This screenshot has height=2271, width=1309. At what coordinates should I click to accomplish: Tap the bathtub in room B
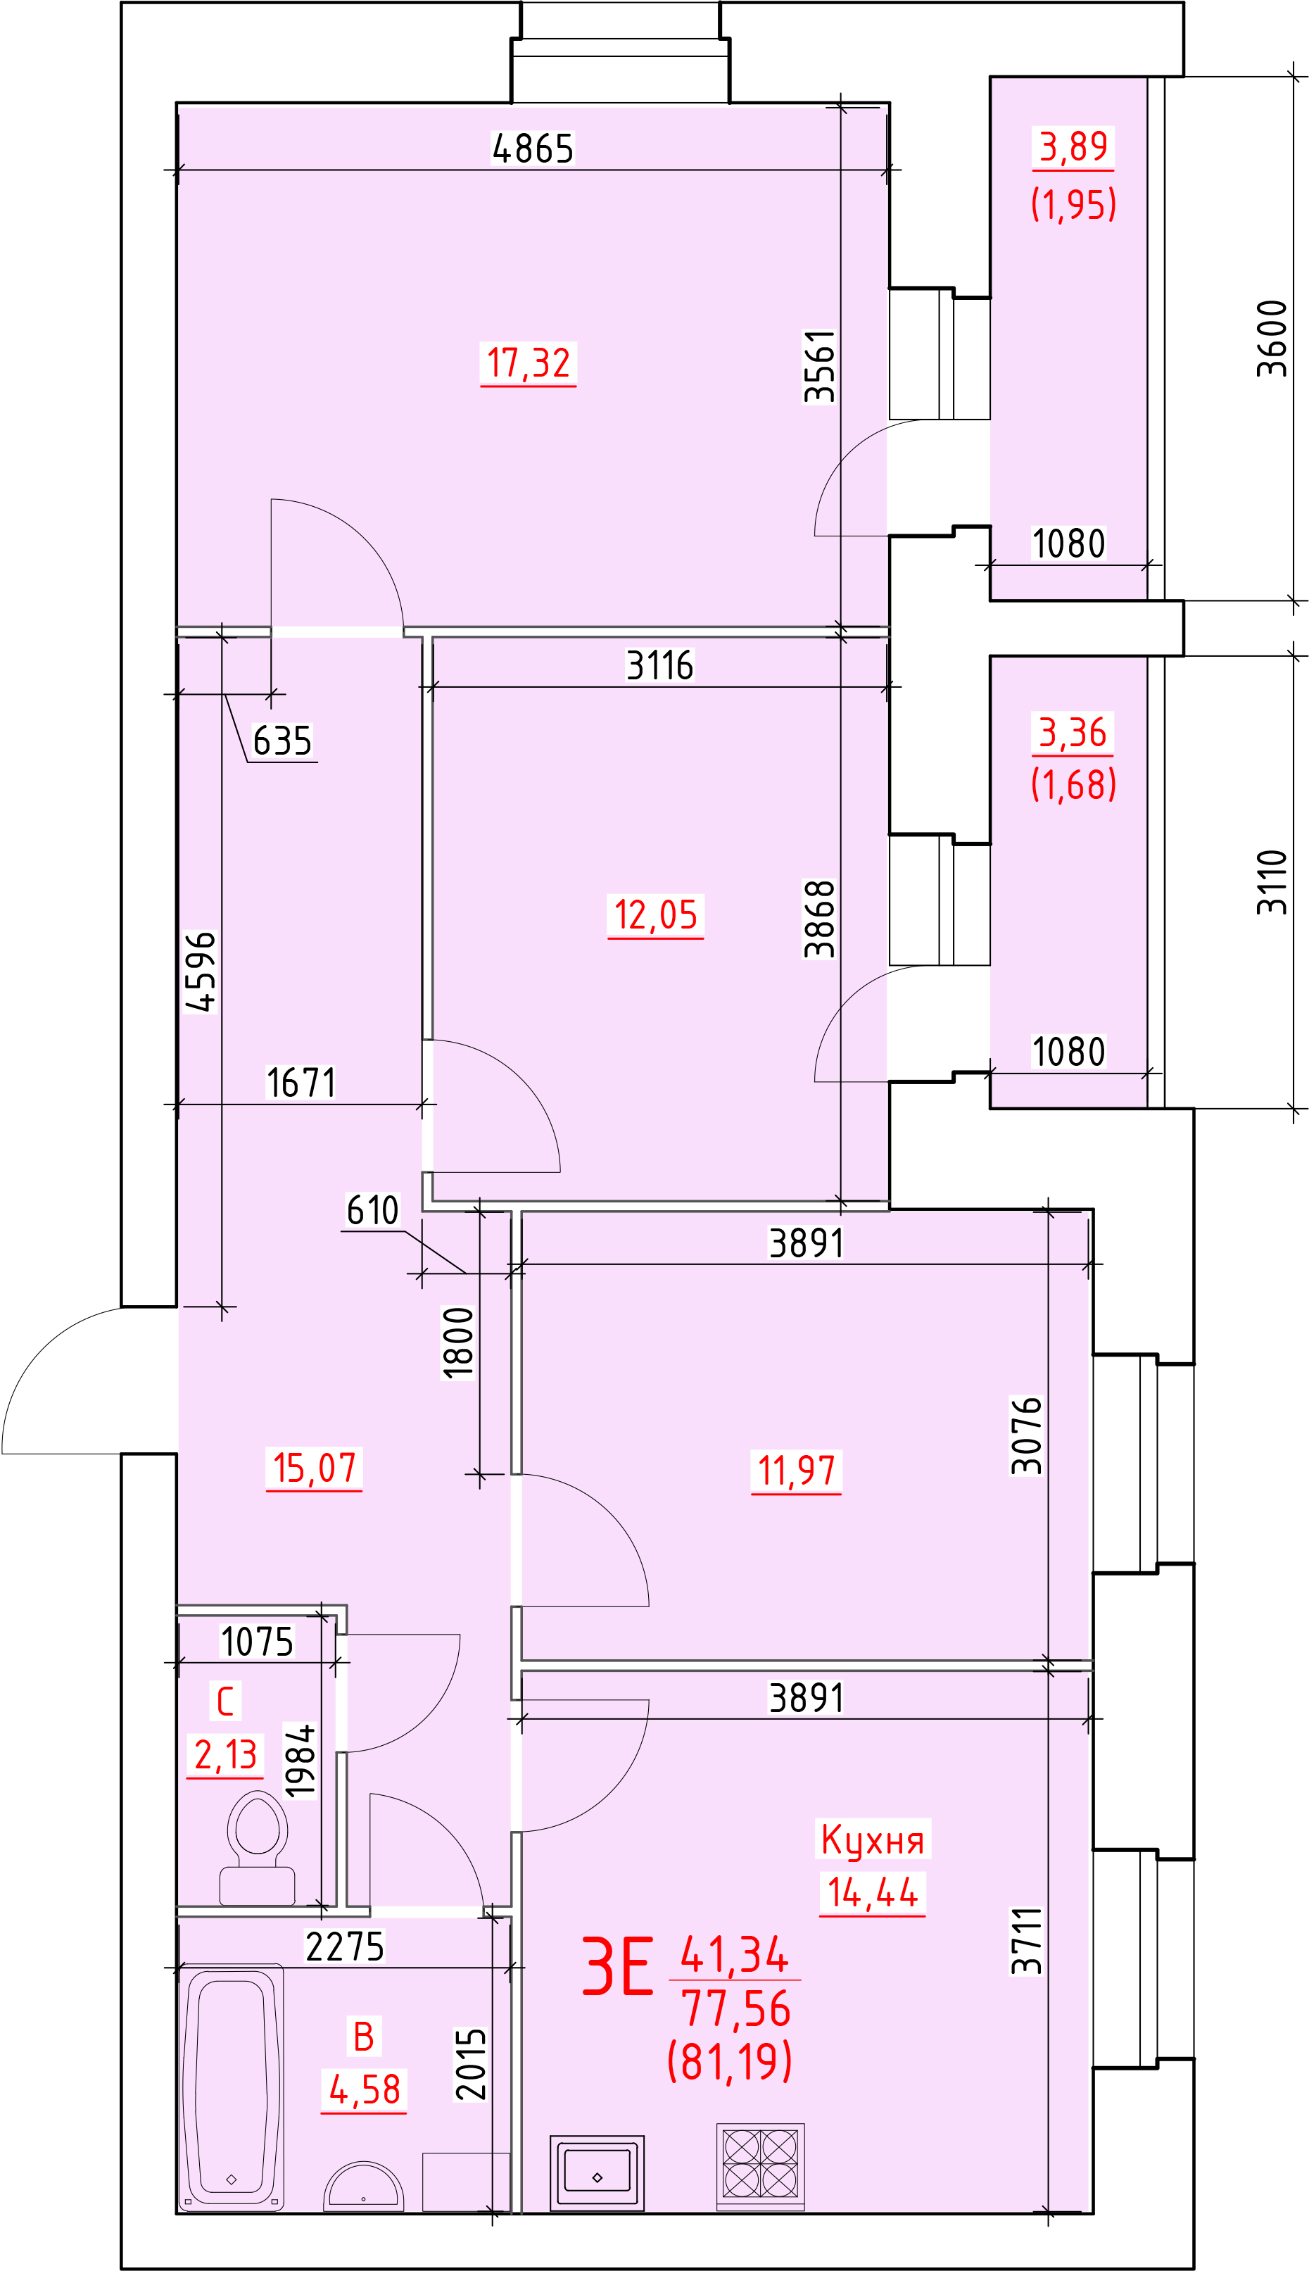232,2087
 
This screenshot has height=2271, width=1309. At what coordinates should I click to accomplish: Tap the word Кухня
872,1840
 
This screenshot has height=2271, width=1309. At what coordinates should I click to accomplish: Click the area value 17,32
529,363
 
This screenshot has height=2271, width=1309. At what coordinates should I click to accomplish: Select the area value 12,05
655,915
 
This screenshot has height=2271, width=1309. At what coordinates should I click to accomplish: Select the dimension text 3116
660,666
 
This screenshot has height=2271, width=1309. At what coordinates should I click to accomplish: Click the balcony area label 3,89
1073,146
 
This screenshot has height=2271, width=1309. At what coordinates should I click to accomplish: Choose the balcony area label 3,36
1073,733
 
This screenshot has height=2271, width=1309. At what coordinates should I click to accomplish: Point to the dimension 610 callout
372,1211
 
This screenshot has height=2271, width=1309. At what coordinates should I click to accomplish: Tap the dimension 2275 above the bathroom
344,1947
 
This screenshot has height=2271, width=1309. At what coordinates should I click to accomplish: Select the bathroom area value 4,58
364,2089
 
